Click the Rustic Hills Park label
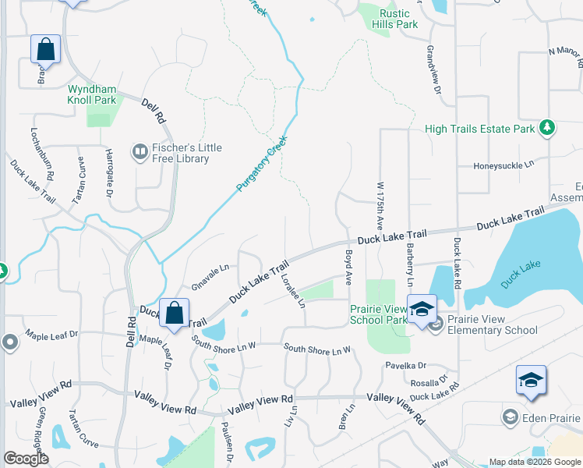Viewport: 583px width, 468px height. click(399, 19)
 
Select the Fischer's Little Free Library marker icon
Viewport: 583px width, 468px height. click(140, 151)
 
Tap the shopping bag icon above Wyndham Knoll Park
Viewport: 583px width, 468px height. click(46, 49)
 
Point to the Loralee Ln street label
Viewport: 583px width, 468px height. click(294, 289)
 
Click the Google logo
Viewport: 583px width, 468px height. click(26, 459)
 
